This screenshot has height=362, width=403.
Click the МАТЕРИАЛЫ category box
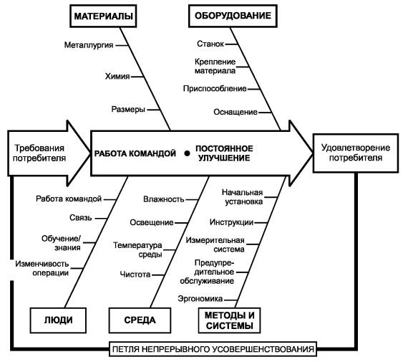tap(103, 16)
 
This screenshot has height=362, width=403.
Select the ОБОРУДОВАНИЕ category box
tap(233, 16)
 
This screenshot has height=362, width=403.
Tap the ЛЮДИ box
tap(59, 320)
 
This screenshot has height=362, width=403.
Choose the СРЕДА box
tap(140, 320)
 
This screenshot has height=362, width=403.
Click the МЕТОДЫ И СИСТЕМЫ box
tap(230, 320)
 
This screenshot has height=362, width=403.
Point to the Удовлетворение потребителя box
tap(356, 153)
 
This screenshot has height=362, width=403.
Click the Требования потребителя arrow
tap(49, 153)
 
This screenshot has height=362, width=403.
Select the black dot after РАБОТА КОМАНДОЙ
tap(187, 153)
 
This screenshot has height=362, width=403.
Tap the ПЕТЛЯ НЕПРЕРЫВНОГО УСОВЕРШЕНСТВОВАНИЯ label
tap(213, 349)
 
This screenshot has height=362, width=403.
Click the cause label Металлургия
tap(89, 45)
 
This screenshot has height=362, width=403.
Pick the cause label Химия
tap(117, 76)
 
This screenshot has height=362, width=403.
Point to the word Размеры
tap(128, 109)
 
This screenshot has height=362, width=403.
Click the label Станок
tap(210, 44)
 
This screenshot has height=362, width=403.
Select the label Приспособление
tap(215, 89)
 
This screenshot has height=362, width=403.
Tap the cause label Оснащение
tap(236, 112)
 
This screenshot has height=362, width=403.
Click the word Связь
tap(80, 218)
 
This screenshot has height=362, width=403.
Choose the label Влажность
tap(164, 199)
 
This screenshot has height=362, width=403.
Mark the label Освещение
tap(152, 222)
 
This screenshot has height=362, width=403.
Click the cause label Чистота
tap(135, 275)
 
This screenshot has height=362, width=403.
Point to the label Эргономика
tap(200, 299)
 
